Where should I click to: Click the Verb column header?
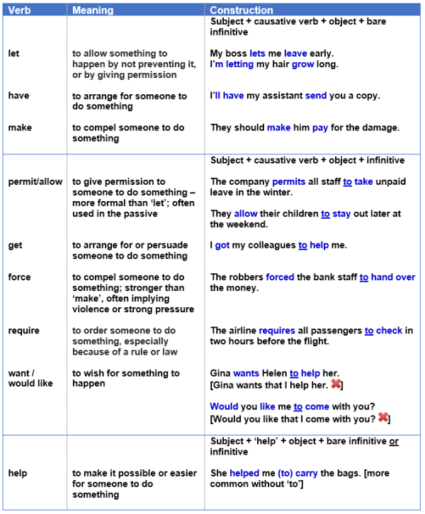pyautogui.click(x=18, y=10)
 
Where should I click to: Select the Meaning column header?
pyautogui.click(x=92, y=10)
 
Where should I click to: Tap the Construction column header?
pyautogui.click(x=242, y=10)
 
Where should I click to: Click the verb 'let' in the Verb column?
pyautogui.click(x=13, y=53)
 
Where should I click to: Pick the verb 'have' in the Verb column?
pyautogui.click(x=18, y=96)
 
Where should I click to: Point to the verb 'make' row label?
pyautogui.click(x=19, y=127)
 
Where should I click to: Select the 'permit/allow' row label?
pyautogui.click(x=35, y=181)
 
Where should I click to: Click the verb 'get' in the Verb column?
pyautogui.click(x=15, y=245)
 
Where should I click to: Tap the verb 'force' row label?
pyautogui.click(x=19, y=277)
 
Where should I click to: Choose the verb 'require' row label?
pyautogui.click(x=23, y=331)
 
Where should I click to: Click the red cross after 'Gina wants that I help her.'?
pyautogui.click(x=336, y=384)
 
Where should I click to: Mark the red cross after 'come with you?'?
pyautogui.click(x=383, y=418)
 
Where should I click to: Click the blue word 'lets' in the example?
pyautogui.click(x=257, y=53)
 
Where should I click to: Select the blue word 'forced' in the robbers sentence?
pyautogui.click(x=280, y=278)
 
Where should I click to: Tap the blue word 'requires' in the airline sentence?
pyautogui.click(x=277, y=331)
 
